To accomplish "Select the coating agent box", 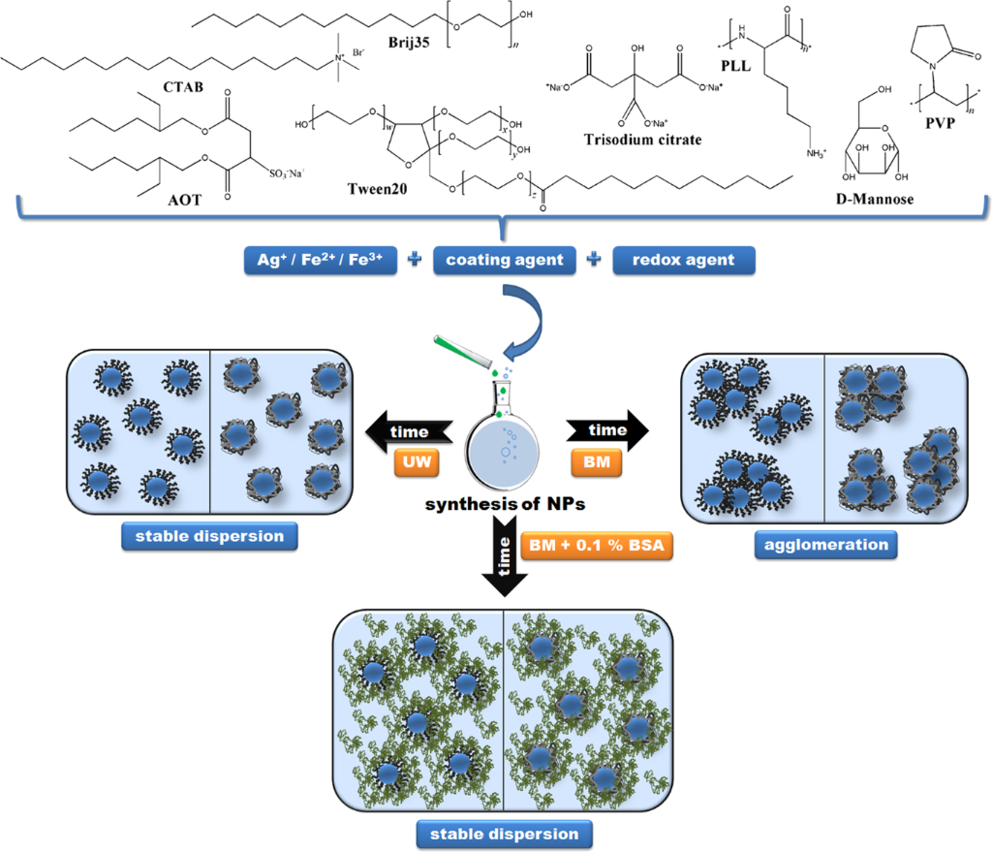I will tap(505, 260).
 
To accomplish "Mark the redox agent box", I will tap(684, 260).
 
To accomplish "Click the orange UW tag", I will tap(417, 464).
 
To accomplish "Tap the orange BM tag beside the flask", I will tap(601, 464).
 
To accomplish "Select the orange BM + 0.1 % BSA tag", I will tap(597, 545).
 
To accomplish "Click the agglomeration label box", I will tap(825, 544).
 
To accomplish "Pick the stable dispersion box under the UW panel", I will tap(208, 536).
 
